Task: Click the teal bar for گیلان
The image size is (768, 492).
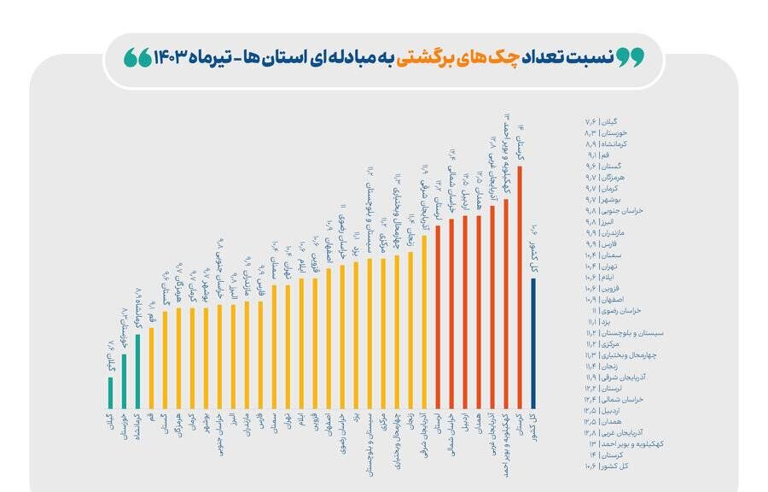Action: point(110,393)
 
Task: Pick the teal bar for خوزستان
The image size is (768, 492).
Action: point(124,381)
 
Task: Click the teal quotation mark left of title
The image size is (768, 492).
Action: point(136,57)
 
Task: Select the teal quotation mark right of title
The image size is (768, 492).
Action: point(630,57)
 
